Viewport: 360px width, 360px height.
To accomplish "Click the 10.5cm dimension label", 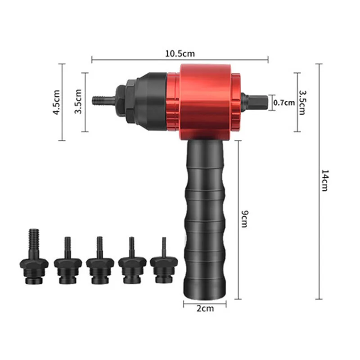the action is tap(180, 54).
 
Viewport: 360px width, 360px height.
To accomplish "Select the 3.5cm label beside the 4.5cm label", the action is tap(78, 101).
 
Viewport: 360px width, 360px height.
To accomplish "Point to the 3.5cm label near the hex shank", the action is tap(302, 103).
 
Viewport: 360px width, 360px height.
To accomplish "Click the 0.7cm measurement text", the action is tap(284, 103).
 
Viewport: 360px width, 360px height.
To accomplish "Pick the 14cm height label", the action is tap(324, 180).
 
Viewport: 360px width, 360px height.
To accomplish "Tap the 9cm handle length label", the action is tap(245, 219).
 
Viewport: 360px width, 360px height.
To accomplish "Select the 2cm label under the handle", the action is tap(205, 308).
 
